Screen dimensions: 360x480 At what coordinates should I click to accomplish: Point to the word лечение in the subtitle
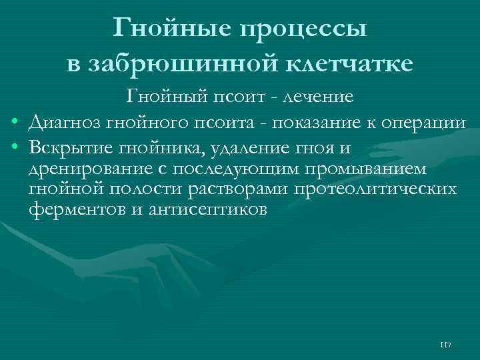click(x=318, y=97)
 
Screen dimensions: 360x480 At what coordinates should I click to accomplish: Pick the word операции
click(x=416, y=122)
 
